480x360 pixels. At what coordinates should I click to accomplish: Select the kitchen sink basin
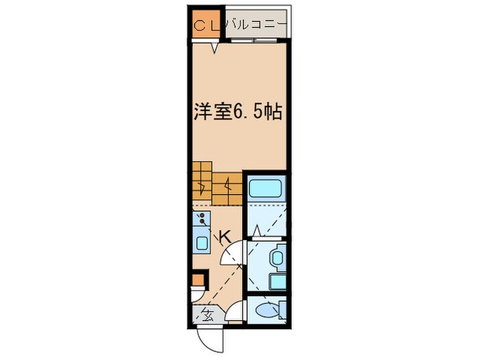coord(202,242)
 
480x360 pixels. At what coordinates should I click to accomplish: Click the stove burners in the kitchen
coord(202,219)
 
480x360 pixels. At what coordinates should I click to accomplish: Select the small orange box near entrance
coord(197,280)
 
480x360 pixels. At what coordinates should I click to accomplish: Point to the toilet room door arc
coord(235,312)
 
